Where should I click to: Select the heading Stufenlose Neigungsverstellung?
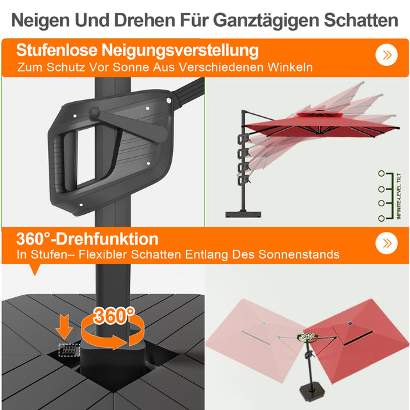pyautogui.click(x=138, y=50)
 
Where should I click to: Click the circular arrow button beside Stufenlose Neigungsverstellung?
pyautogui.click(x=386, y=54)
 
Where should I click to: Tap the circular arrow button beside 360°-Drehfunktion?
pyautogui.click(x=386, y=243)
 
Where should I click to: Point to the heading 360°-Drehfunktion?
pyautogui.click(x=87, y=239)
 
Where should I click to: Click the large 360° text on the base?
pyautogui.click(x=114, y=315)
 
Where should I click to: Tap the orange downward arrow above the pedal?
pyautogui.click(x=64, y=325)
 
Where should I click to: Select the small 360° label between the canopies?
pyautogui.click(x=307, y=336)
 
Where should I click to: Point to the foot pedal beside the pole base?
pyautogui.click(x=65, y=350)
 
